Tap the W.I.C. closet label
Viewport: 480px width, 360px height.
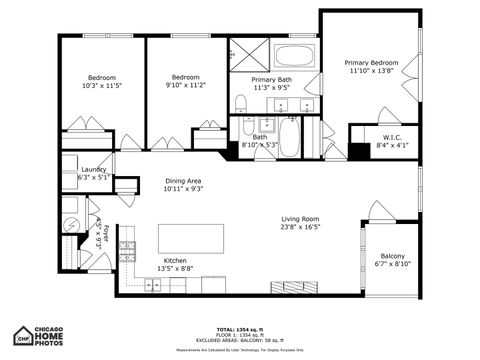point(391,137)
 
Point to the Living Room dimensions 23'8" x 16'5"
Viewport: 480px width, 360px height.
point(299,227)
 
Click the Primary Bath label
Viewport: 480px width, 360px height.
point(271,79)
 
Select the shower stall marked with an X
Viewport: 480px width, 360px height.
point(244,53)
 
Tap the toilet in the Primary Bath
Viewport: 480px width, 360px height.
point(240,102)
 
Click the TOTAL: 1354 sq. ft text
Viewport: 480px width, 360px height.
point(239,328)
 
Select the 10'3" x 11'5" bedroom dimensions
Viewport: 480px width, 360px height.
point(101,86)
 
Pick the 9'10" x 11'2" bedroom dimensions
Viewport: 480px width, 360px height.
point(185,86)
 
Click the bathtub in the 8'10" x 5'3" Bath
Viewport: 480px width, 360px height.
point(289,137)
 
